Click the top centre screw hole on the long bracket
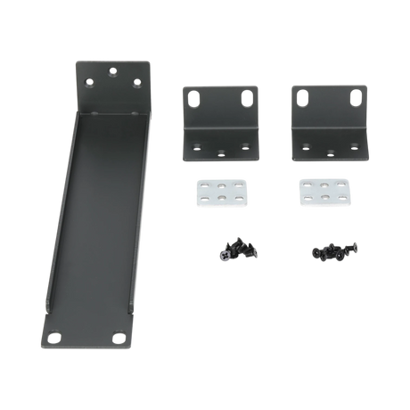coord(111,69)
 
